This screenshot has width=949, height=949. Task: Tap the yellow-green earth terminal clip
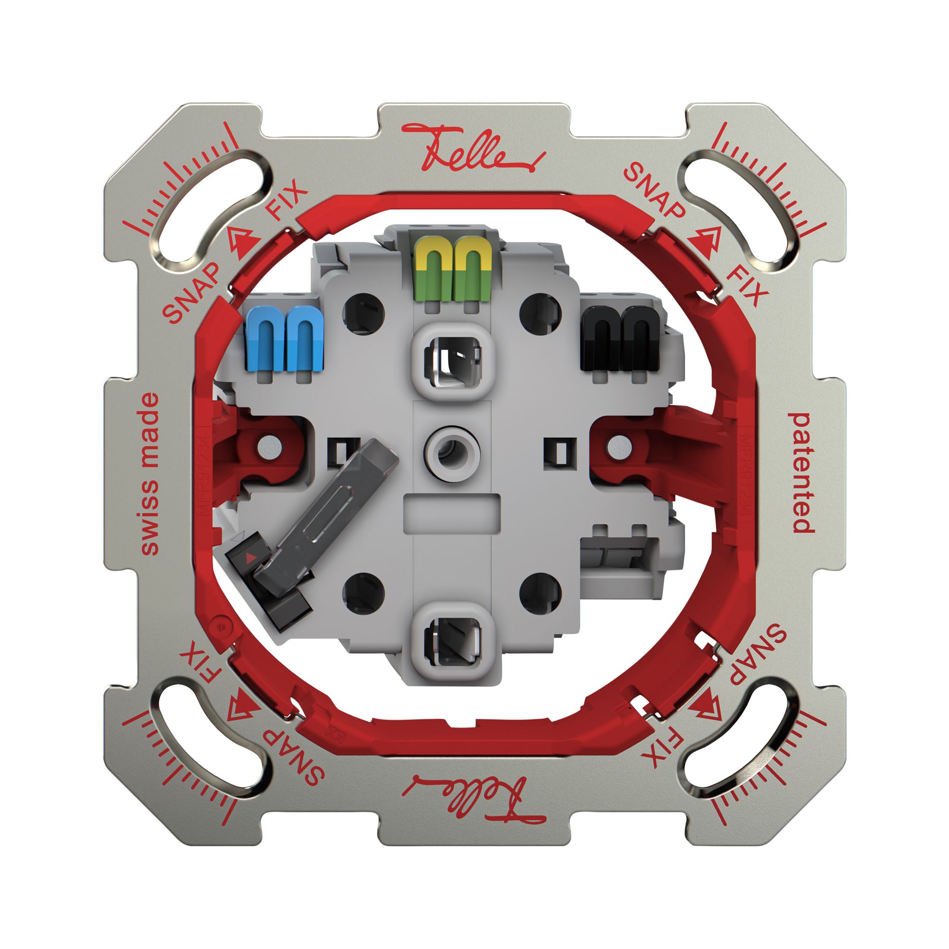click(x=452, y=269)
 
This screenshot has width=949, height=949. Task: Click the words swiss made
click(x=150, y=474)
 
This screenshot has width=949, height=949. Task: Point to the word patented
click(x=800, y=473)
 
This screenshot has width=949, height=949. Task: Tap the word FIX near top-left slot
click(x=287, y=201)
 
